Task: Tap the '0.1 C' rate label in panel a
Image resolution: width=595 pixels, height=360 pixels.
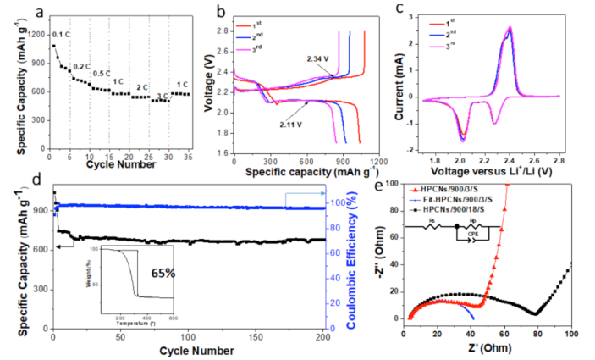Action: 61,34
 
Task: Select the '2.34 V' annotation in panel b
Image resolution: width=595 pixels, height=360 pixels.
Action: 319,59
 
